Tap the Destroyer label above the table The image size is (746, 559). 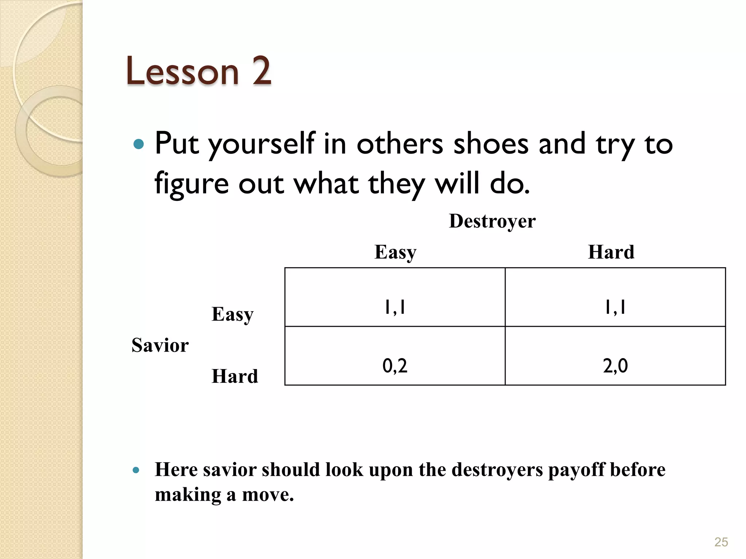pos(492,221)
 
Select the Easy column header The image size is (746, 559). pos(395,252)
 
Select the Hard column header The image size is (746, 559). pos(611,252)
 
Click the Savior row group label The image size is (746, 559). pos(160,345)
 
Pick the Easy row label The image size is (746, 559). pos(232,314)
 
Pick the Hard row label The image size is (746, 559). pos(235,376)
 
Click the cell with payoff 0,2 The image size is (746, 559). pos(395,366)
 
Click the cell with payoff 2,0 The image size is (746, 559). pos(615,366)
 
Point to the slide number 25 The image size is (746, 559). pos(721,542)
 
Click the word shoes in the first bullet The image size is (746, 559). pos(491,144)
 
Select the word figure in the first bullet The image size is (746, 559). pos(192,184)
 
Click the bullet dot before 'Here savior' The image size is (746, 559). pos(136,470)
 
